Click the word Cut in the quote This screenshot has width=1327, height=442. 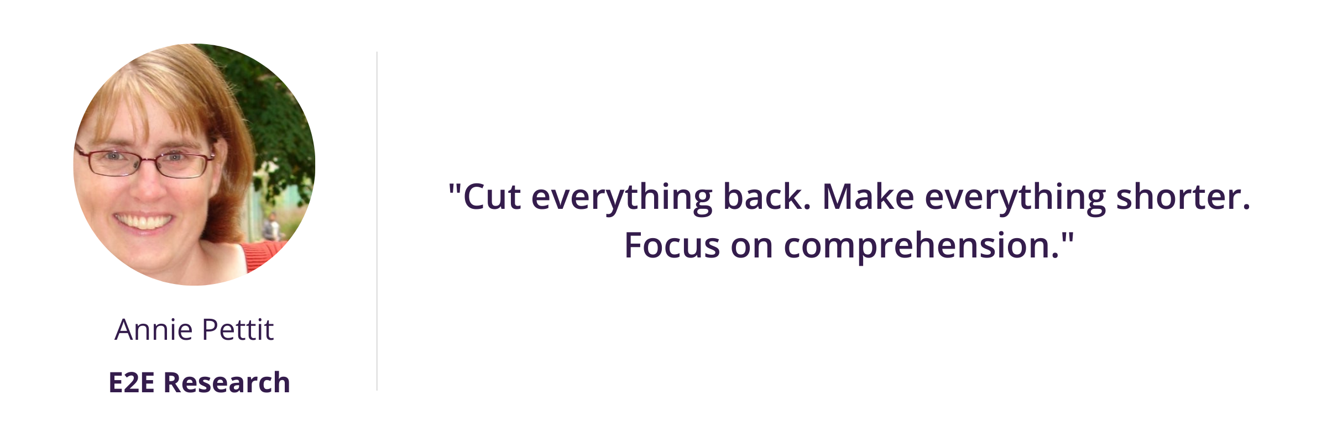point(492,197)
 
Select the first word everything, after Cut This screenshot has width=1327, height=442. point(622,199)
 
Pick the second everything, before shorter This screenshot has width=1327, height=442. point(1015,199)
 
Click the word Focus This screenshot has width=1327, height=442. point(672,245)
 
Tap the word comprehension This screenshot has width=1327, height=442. point(921,248)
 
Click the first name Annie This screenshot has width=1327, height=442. point(153,330)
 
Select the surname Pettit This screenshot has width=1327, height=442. point(238,330)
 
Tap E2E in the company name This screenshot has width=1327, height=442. point(132,382)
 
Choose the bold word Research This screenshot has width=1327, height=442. point(227,382)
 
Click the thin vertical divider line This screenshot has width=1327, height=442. point(377,221)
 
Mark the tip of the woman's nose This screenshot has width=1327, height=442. point(145,193)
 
